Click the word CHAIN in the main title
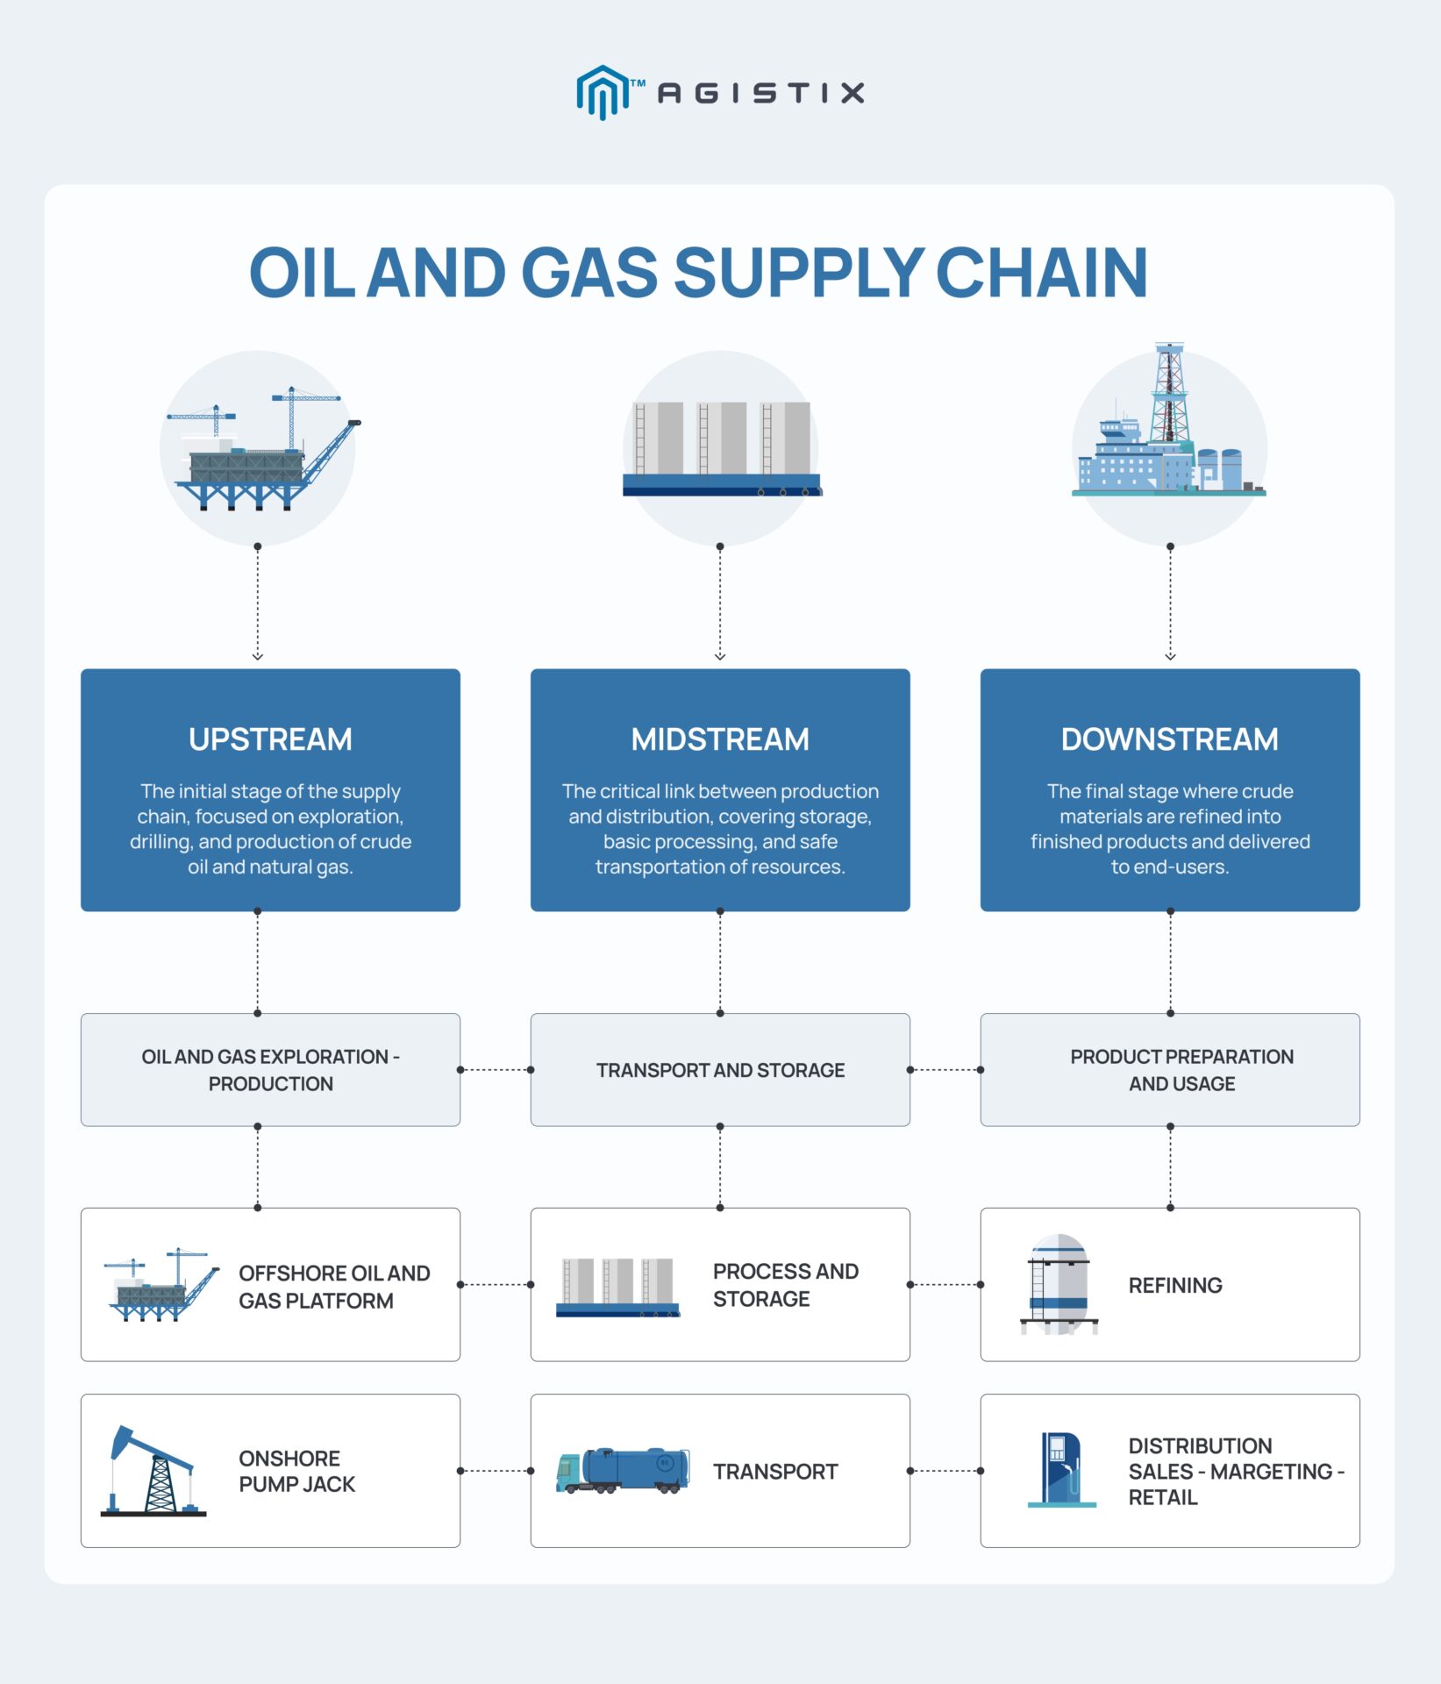(1041, 273)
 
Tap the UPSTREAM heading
(270, 739)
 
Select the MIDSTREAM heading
(720, 739)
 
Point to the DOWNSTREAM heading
(1169, 739)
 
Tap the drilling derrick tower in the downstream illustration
(1168, 395)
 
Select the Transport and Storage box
(720, 1070)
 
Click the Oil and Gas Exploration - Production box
(270, 1070)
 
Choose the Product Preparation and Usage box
(1170, 1070)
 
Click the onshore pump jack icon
(152, 1472)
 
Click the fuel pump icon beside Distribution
(1061, 1470)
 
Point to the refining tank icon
(1059, 1285)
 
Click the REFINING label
(1175, 1286)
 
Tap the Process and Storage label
(785, 1285)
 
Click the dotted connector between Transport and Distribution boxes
(945, 1471)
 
